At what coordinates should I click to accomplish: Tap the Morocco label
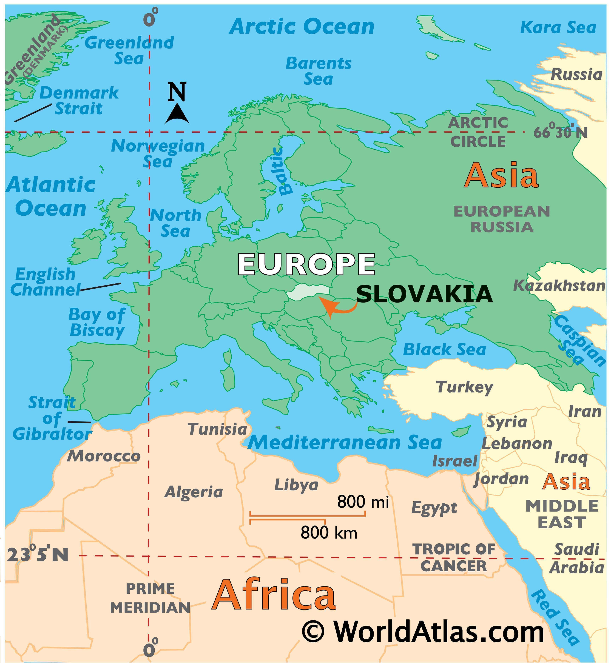click(104, 456)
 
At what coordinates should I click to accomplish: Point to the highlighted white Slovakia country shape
click(307, 292)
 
